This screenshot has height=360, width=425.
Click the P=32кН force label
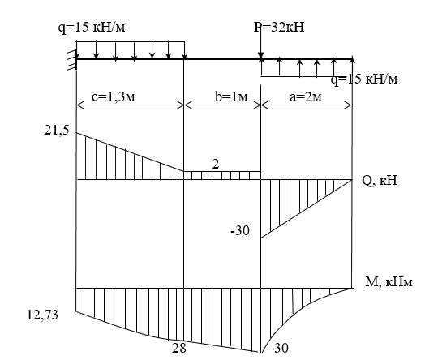pyautogui.click(x=279, y=28)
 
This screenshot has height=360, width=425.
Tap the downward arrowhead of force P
pyautogui.click(x=260, y=55)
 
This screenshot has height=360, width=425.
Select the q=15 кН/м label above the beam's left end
pyautogui.click(x=92, y=28)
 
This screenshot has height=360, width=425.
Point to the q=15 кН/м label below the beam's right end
pyautogui.click(x=364, y=79)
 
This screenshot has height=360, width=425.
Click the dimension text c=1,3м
pyautogui.click(x=114, y=97)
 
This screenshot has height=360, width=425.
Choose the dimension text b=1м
pyautogui.click(x=231, y=97)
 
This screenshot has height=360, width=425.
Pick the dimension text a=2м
pyautogui.click(x=306, y=97)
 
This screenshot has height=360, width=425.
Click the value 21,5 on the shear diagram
pyautogui.click(x=57, y=131)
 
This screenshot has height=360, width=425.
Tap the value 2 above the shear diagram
pyautogui.click(x=216, y=165)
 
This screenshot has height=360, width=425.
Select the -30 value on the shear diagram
pyautogui.click(x=240, y=231)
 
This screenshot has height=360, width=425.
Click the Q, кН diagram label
pyautogui.click(x=380, y=181)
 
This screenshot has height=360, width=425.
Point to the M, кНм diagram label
pyautogui.click(x=389, y=282)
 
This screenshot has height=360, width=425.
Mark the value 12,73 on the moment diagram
pyautogui.click(x=42, y=315)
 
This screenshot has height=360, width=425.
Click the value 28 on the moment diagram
pyautogui.click(x=179, y=348)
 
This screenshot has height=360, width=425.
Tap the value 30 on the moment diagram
pyautogui.click(x=281, y=348)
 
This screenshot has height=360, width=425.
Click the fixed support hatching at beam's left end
pyautogui.click(x=72, y=60)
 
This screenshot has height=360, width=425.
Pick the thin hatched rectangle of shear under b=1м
pyautogui.click(x=222, y=175)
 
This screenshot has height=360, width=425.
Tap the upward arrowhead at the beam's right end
pyautogui.click(x=352, y=60)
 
